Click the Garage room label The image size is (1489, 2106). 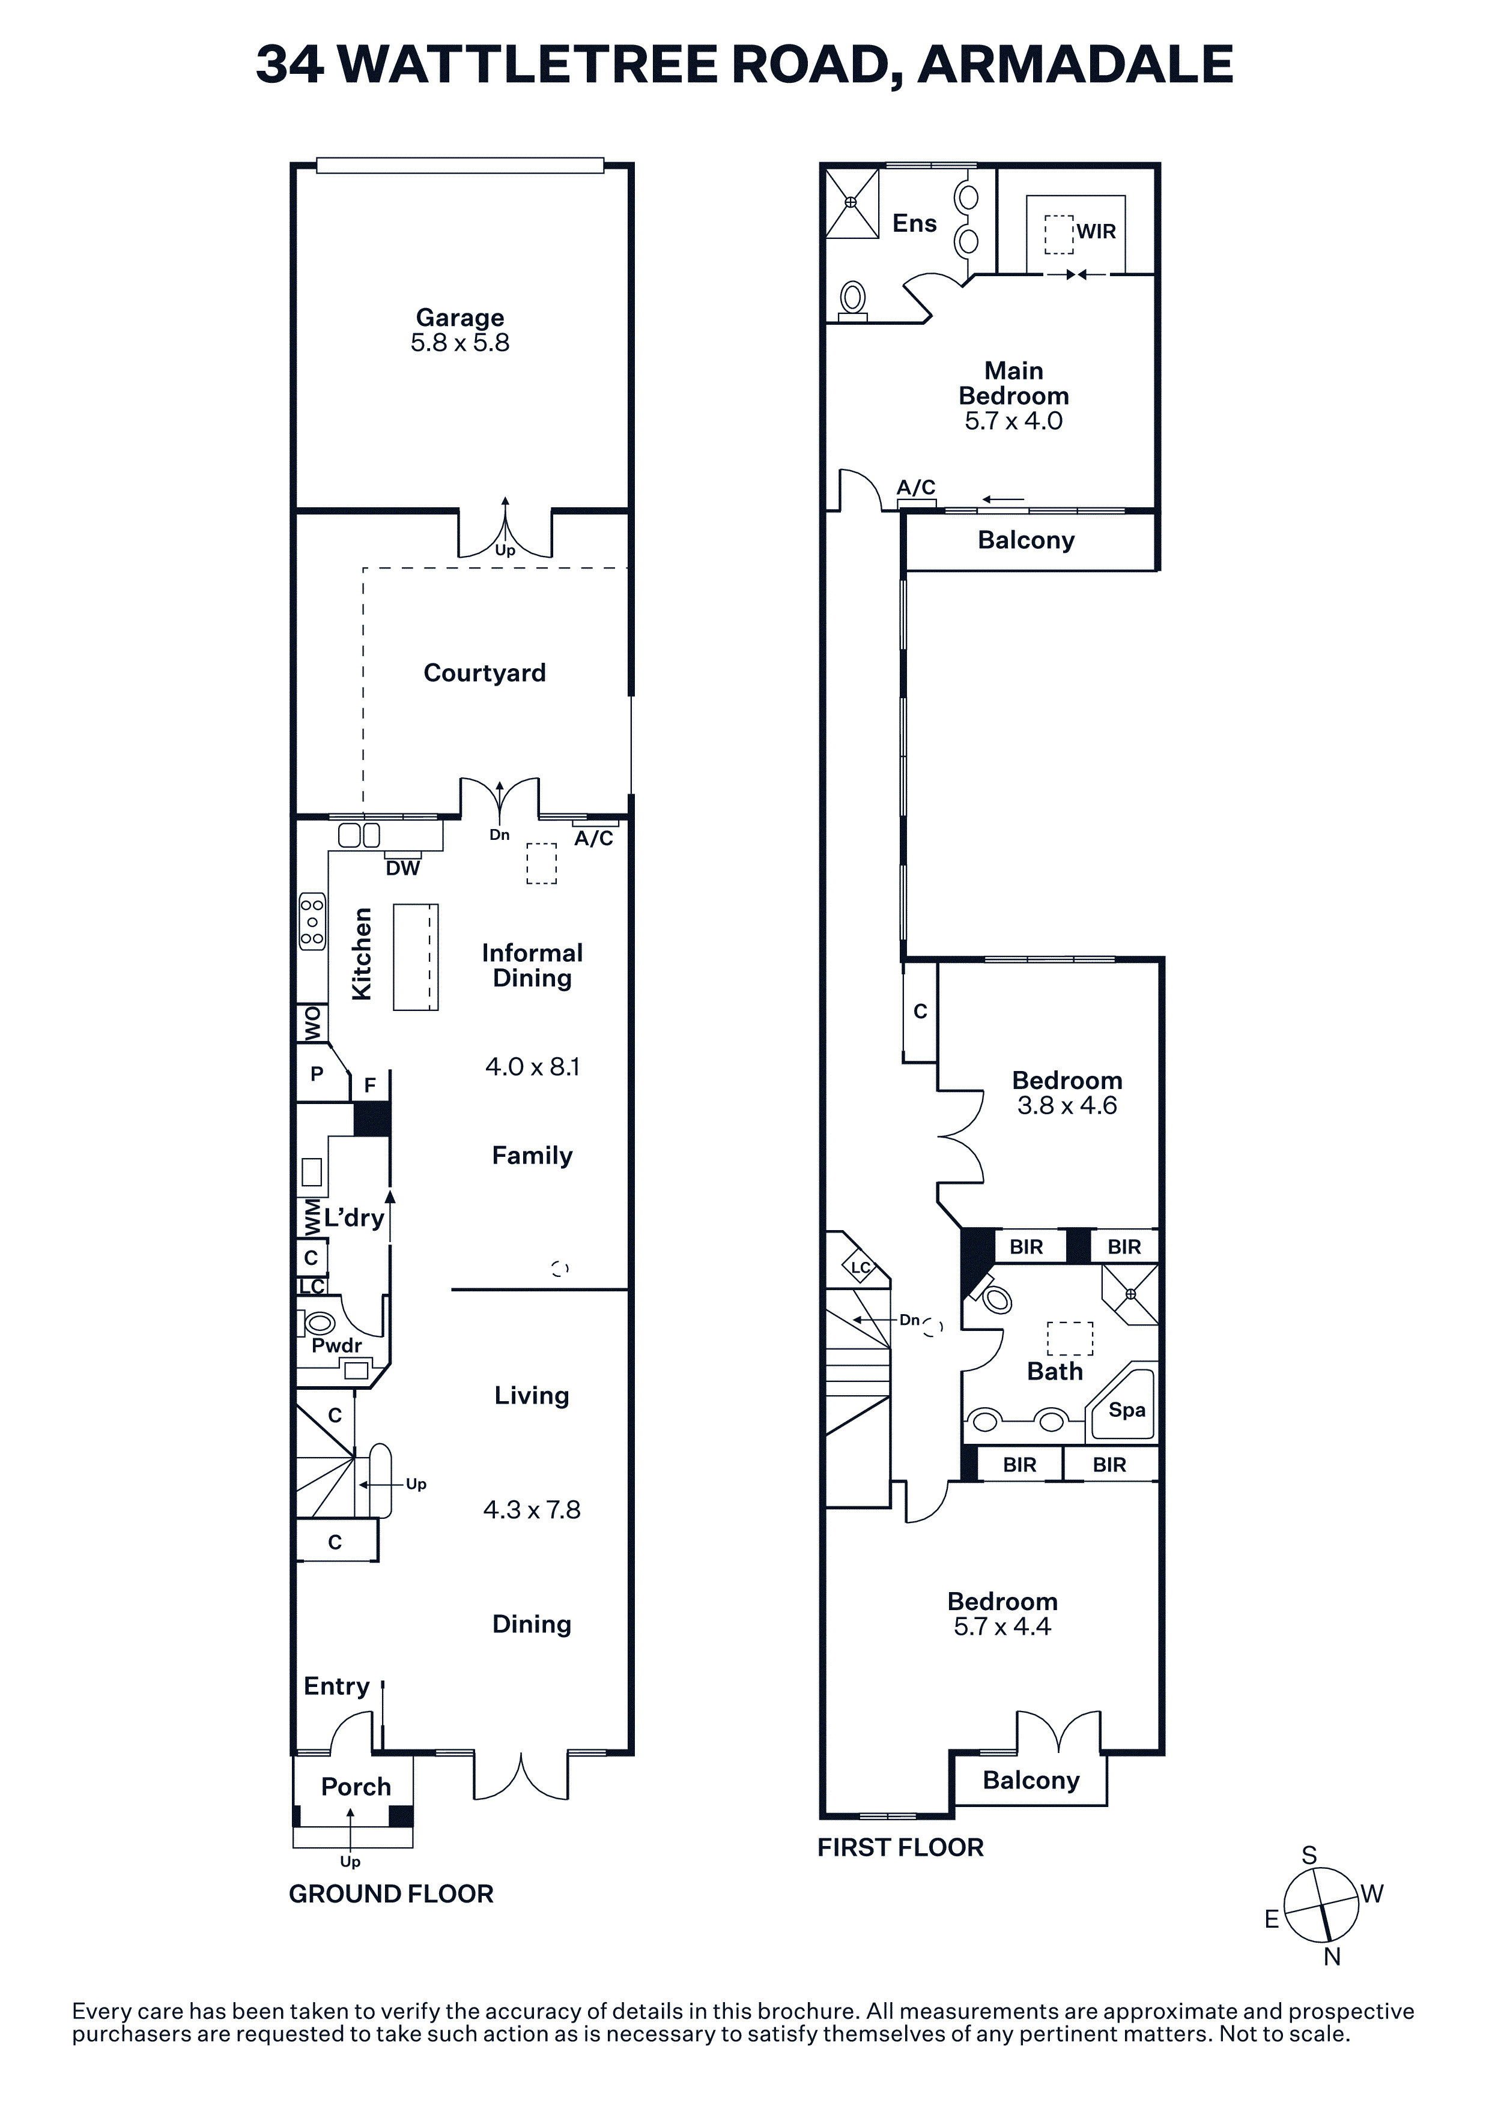pos(459,318)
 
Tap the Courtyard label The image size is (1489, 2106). pos(484,672)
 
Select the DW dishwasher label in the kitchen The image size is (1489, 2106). pos(403,867)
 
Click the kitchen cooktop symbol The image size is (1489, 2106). pos(312,920)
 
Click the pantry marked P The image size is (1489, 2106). pos(317,1073)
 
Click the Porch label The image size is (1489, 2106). pos(356,1787)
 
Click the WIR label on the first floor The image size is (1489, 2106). pos(1096,231)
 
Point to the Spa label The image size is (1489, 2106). pos(1127,1410)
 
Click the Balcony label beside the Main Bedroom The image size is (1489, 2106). pos(1026,540)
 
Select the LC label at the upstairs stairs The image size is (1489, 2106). pos(861,1269)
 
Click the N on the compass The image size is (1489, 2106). pos(1332,1957)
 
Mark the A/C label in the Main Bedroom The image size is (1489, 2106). pos(915,487)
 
